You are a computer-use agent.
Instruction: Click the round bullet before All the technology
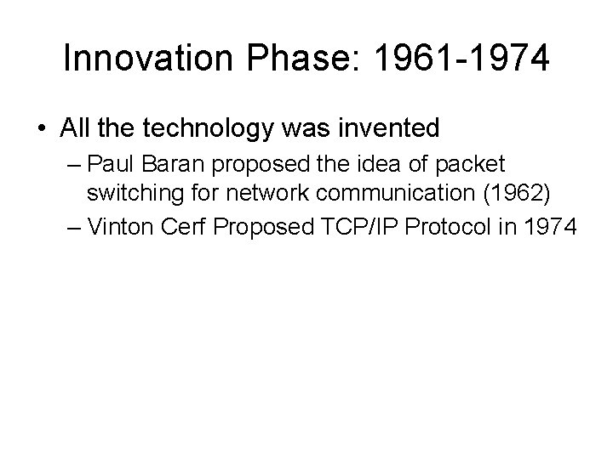(x=43, y=129)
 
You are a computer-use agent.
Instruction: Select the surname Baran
(x=160, y=163)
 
